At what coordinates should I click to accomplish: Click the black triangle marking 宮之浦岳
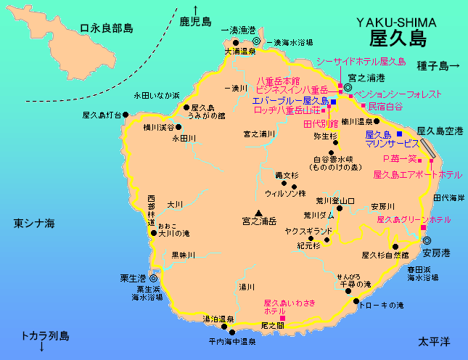click(x=258, y=211)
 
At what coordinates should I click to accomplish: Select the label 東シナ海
click(x=34, y=224)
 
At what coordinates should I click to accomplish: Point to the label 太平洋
click(x=435, y=340)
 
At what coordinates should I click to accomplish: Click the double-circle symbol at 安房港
click(x=427, y=240)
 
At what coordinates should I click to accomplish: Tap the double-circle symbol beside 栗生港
click(x=154, y=278)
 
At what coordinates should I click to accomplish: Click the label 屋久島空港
click(x=440, y=131)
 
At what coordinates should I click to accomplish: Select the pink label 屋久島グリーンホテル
click(x=413, y=219)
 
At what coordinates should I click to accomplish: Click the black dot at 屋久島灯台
click(x=126, y=115)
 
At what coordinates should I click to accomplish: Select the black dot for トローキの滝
click(x=356, y=302)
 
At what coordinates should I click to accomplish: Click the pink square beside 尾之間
click(x=282, y=318)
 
